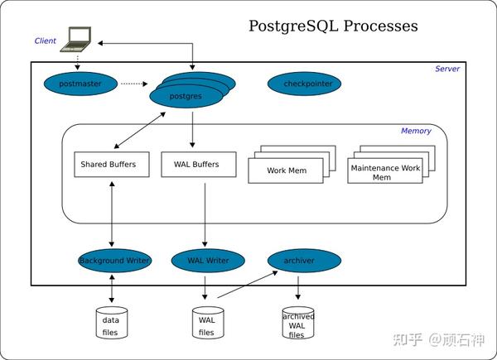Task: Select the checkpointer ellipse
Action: tap(304, 84)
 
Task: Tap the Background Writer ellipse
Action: tap(114, 261)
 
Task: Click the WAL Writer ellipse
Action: tap(207, 261)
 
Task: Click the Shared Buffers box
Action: tap(109, 165)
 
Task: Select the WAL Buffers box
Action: tap(196, 165)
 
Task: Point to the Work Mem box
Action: tap(286, 170)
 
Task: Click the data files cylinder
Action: tap(110, 325)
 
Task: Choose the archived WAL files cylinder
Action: tap(298, 325)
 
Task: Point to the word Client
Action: tap(46, 41)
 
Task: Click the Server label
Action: tap(447, 69)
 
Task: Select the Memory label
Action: tap(416, 131)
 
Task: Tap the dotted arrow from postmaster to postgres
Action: tap(133, 84)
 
